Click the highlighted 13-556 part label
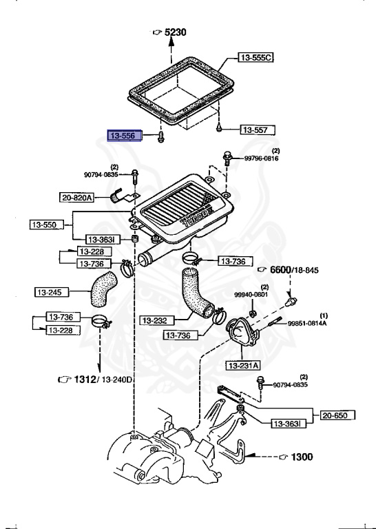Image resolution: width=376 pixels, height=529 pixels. click(125, 136)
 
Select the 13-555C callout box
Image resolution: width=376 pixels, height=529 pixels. click(256, 57)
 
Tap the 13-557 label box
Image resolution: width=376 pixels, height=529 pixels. click(258, 130)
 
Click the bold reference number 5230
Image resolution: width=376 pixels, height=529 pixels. click(176, 32)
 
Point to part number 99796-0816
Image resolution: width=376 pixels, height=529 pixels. click(262, 158)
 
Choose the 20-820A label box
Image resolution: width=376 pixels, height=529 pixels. click(76, 198)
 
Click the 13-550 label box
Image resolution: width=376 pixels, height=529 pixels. click(47, 225)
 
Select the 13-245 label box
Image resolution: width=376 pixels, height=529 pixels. click(52, 292)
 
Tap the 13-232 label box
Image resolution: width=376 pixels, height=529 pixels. click(157, 320)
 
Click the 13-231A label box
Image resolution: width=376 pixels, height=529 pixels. click(243, 365)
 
